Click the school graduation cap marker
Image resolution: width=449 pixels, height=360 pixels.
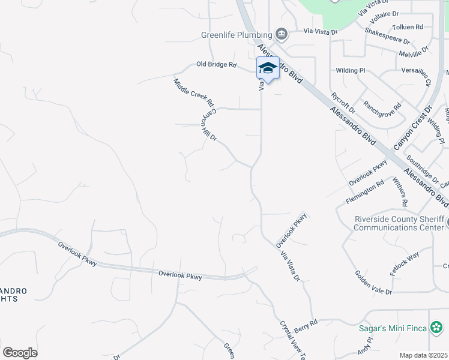[268, 67]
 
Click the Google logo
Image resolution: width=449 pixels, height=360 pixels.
[20, 353]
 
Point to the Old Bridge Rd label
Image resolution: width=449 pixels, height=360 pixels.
[217, 64]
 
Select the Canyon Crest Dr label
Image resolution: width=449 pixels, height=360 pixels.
[413, 128]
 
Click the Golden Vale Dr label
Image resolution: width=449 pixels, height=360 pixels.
[373, 283]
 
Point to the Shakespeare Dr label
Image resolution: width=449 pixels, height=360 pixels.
[387, 36]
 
